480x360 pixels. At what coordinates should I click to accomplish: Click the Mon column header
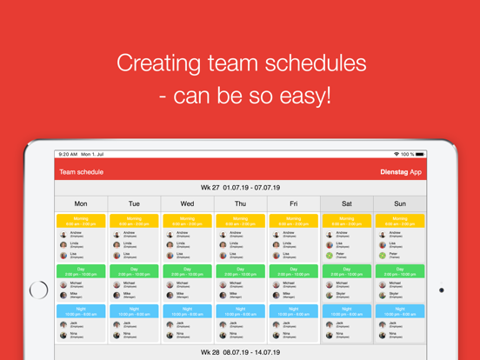coord(81,203)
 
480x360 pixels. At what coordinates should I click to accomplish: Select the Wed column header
coord(187,203)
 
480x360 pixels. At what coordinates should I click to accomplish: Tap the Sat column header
coord(347,203)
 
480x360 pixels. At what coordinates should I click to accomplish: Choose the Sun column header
coord(399,203)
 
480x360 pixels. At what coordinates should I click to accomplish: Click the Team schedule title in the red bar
coord(81,172)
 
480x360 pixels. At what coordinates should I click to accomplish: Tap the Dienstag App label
coord(401,172)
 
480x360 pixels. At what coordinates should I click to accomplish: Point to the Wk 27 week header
coord(240,187)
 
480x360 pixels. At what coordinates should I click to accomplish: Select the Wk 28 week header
coord(240,352)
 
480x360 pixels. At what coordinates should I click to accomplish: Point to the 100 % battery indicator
coord(407,154)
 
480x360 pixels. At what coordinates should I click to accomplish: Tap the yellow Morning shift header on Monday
coord(81,221)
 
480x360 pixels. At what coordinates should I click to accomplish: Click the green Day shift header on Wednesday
coord(187,271)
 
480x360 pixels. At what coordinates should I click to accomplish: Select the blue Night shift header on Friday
coord(293,310)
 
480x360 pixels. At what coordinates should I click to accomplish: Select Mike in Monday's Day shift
coord(76,295)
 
